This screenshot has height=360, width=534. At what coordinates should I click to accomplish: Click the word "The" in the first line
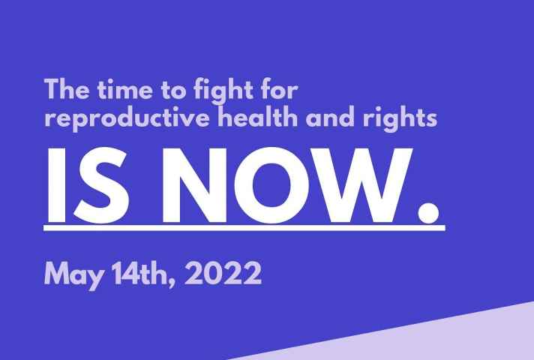pyautogui.click(x=67, y=89)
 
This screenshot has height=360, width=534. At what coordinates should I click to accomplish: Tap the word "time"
pyautogui.click(x=125, y=89)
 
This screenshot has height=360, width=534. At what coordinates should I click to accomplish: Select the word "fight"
pyautogui.click(x=223, y=91)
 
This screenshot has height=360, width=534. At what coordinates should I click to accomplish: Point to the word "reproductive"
pyautogui.click(x=127, y=118)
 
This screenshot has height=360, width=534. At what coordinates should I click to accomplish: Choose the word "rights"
pyautogui.click(x=400, y=118)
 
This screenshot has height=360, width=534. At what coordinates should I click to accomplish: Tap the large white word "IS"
pyautogui.click(x=88, y=185)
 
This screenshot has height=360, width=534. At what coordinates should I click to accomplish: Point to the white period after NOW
pyautogui.click(x=428, y=212)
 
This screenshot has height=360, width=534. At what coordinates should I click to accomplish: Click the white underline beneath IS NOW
pyautogui.click(x=244, y=228)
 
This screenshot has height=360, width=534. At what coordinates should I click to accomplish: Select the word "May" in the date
pyautogui.click(x=73, y=274)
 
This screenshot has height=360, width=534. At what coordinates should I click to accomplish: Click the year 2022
pyautogui.click(x=223, y=273)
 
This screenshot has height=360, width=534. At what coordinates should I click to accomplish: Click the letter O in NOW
pyautogui.click(x=272, y=185)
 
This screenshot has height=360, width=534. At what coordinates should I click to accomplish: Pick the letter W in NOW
pyautogui.click(x=361, y=185)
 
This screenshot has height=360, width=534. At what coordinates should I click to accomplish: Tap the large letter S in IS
pyautogui.click(x=101, y=185)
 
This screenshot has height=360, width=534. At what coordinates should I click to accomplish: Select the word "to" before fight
pyautogui.click(x=173, y=90)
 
